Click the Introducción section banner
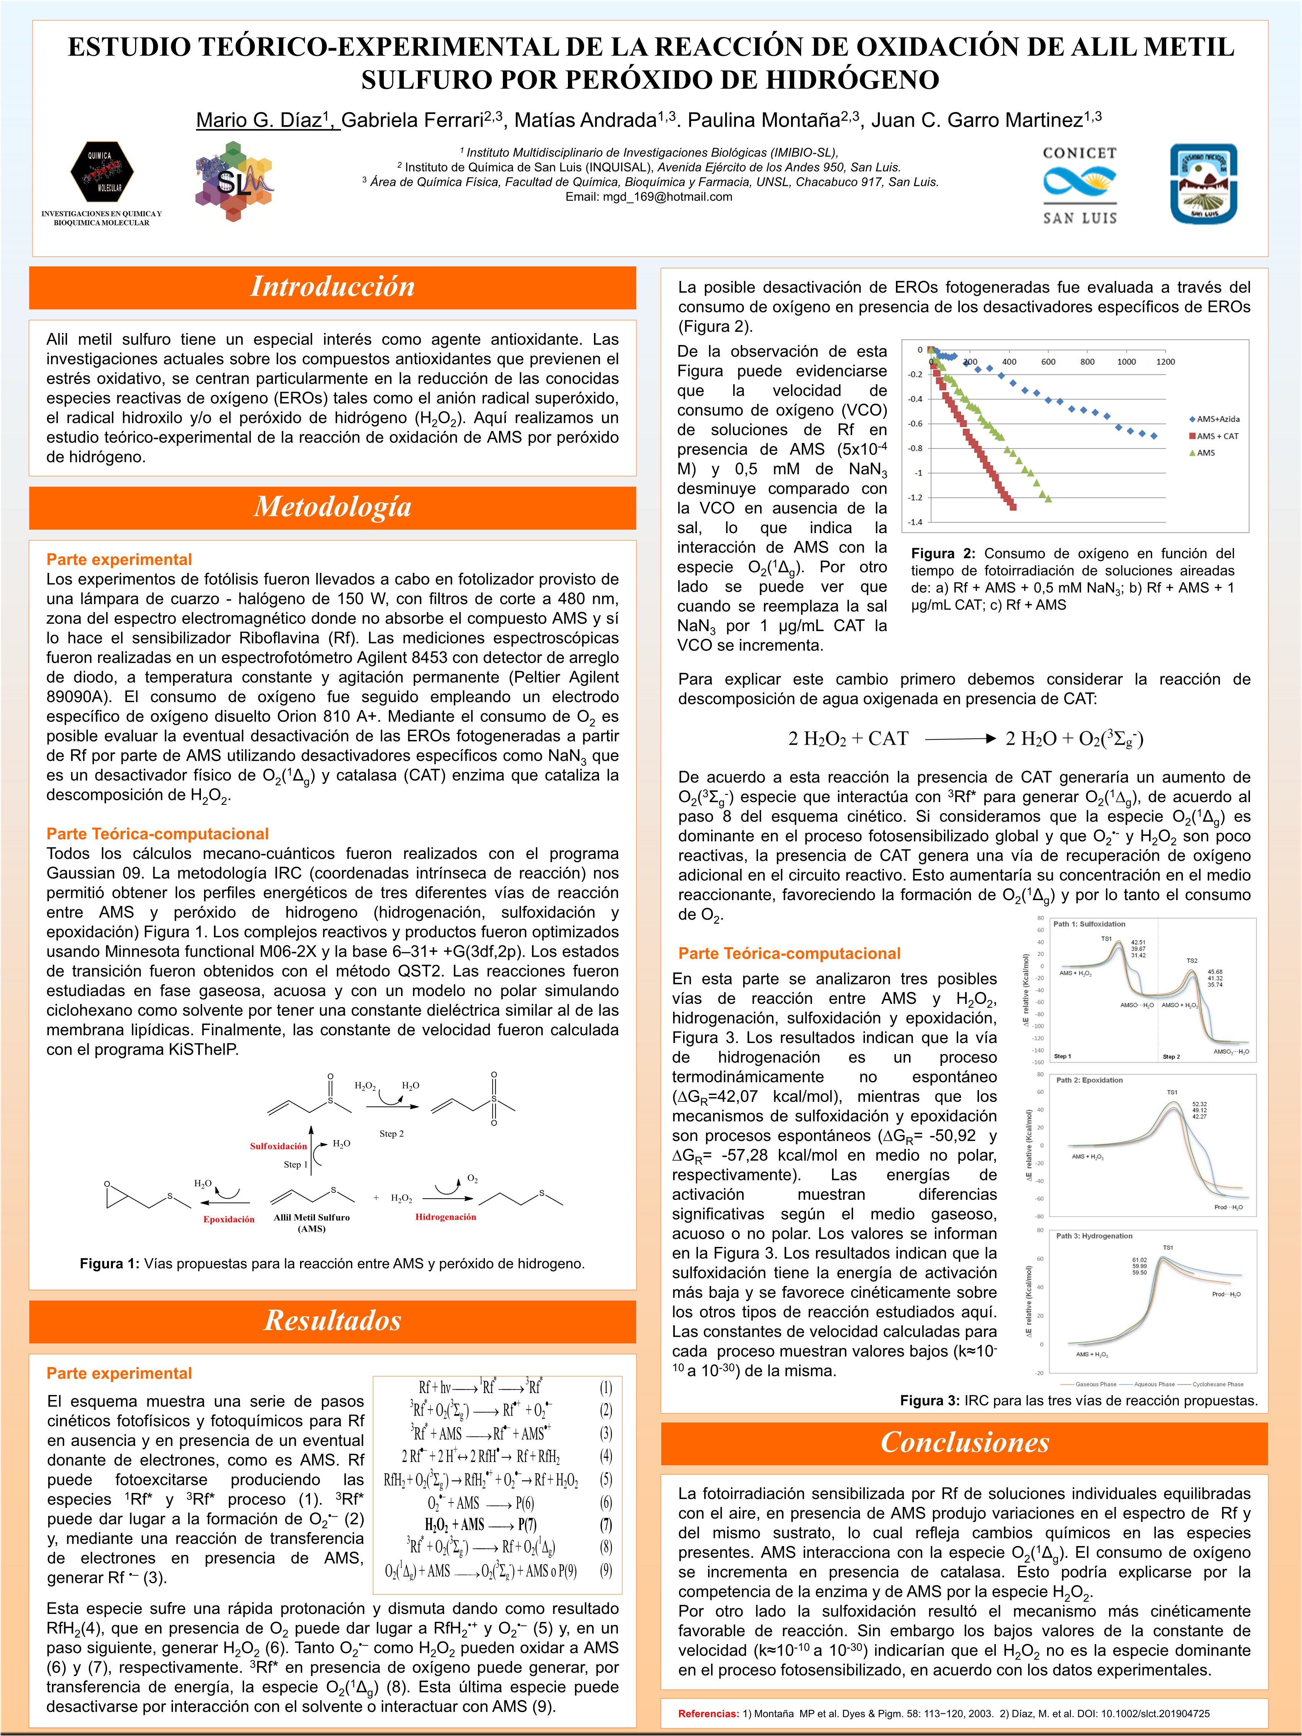(x=332, y=286)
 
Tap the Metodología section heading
(x=332, y=507)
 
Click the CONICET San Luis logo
(x=1079, y=186)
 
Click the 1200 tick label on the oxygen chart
(x=1165, y=362)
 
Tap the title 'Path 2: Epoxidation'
(x=1088, y=1081)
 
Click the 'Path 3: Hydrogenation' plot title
(x=1093, y=1236)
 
